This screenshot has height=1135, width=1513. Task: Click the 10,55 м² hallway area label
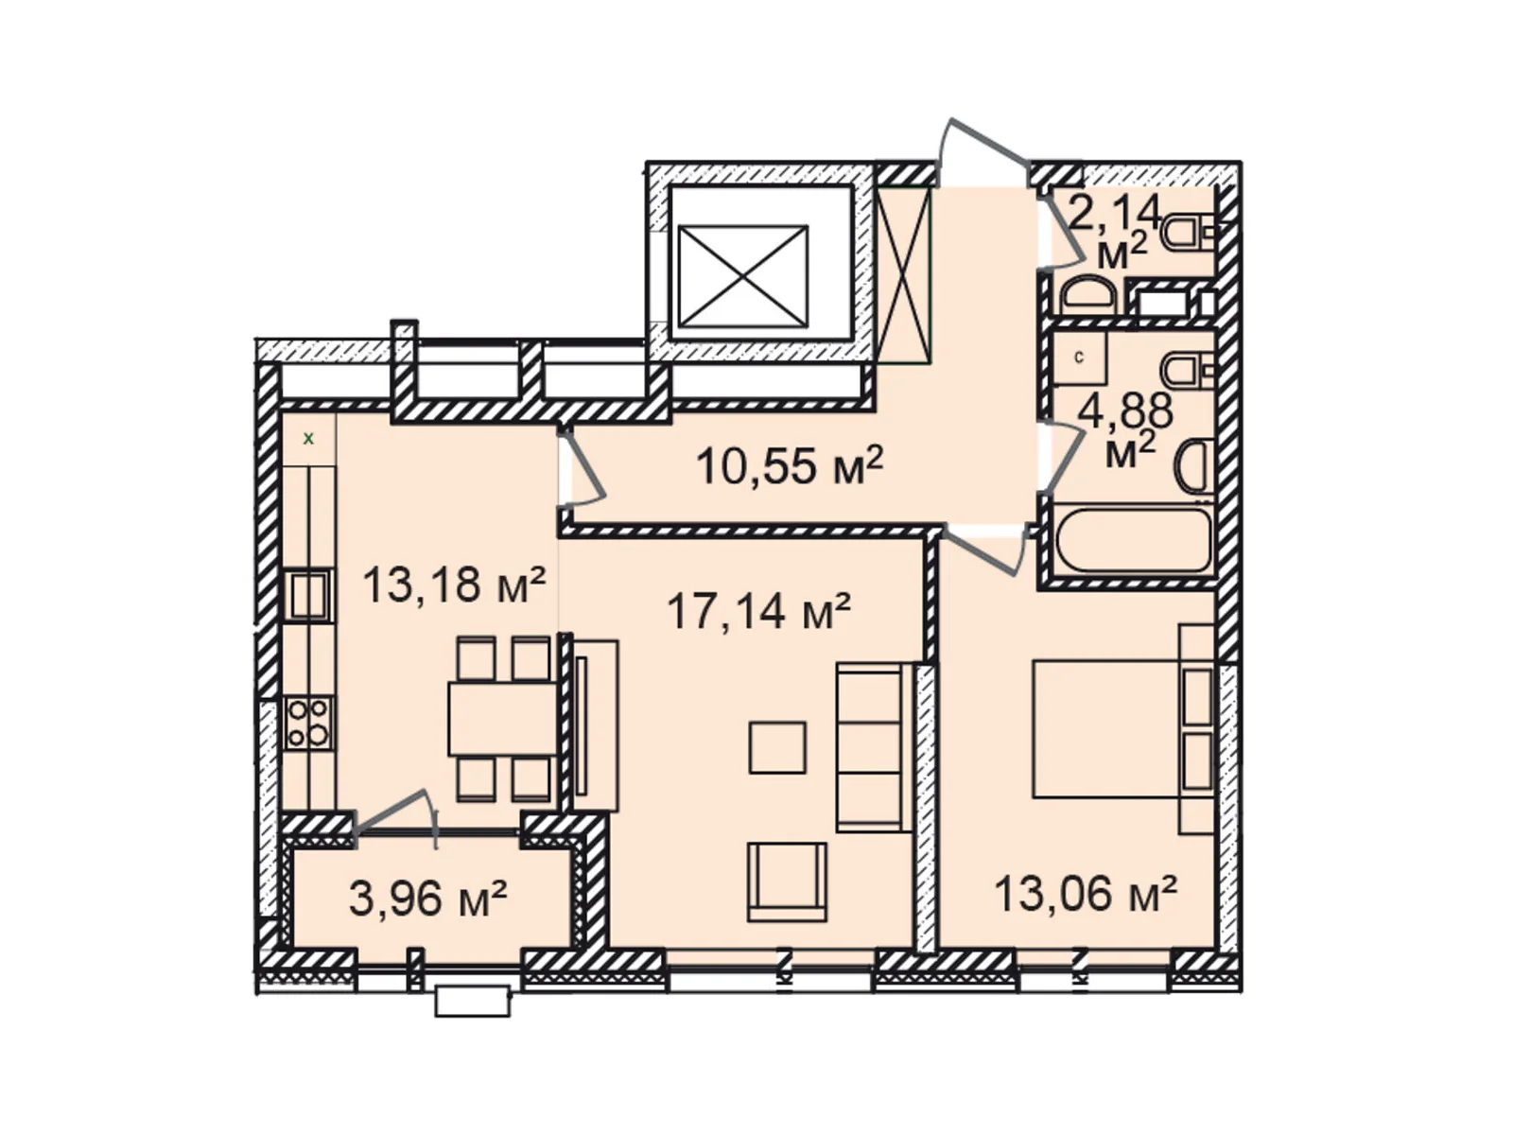(x=789, y=466)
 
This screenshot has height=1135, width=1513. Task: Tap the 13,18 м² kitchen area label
(x=454, y=585)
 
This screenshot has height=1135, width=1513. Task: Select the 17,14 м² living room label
(x=758, y=611)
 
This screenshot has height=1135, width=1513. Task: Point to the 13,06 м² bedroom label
(x=1085, y=894)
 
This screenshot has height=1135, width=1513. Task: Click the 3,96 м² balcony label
(x=428, y=899)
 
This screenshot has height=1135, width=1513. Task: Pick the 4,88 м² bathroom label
(x=1125, y=429)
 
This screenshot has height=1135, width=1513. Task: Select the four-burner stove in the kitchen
(x=308, y=723)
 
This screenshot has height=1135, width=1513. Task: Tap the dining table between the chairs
(x=502, y=720)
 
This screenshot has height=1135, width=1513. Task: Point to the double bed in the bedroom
(x=1122, y=729)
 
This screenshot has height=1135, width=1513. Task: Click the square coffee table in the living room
(x=777, y=747)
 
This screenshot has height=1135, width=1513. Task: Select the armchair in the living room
(x=787, y=882)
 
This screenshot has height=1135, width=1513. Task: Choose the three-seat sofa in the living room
(x=874, y=748)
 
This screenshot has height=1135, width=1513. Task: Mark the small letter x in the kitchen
(x=309, y=438)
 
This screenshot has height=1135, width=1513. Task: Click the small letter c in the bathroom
(x=1080, y=358)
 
